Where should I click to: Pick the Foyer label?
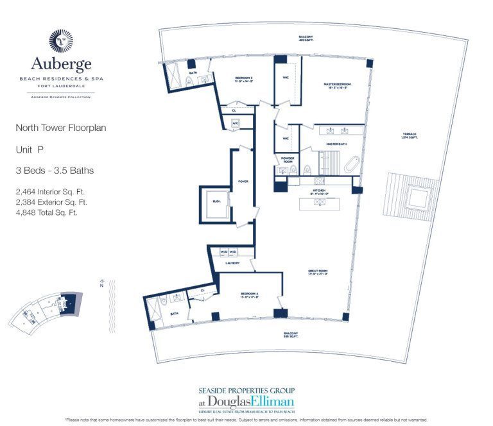click(x=243, y=182)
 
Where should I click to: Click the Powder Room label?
click(x=286, y=160)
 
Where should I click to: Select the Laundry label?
click(x=232, y=263)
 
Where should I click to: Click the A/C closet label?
click(x=235, y=123)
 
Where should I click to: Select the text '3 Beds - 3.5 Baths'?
click(x=55, y=171)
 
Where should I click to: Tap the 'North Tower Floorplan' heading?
click(x=61, y=128)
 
